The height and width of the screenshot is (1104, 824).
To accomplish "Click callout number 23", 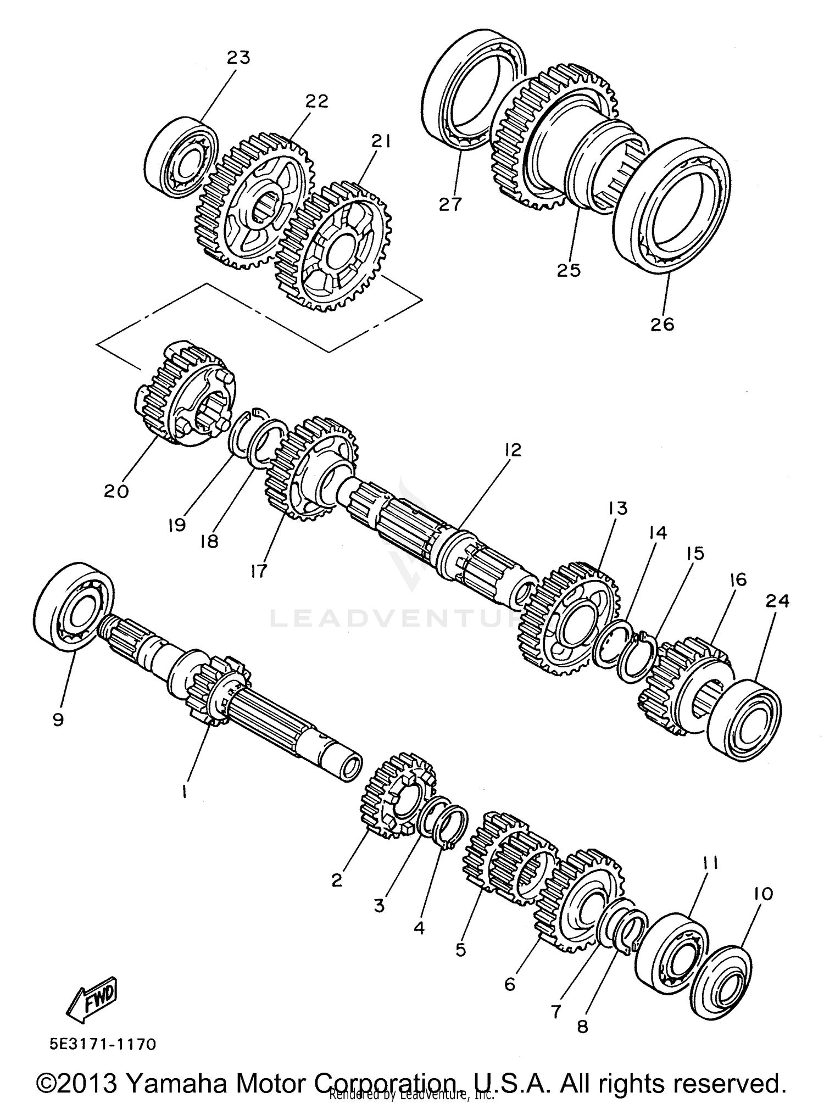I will pyautogui.click(x=238, y=57).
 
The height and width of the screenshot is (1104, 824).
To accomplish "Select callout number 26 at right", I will pyautogui.click(x=662, y=325).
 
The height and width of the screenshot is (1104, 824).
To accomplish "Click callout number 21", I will pyautogui.click(x=380, y=142).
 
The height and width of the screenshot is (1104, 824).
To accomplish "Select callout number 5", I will pyautogui.click(x=460, y=949).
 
